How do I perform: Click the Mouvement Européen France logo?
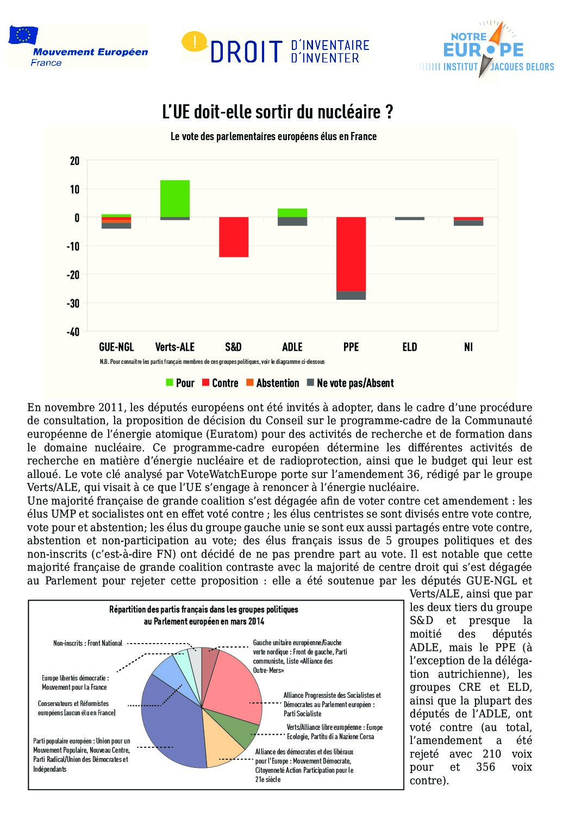[77, 47]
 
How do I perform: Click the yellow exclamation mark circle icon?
[193, 41]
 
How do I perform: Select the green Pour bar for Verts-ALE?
[175, 198]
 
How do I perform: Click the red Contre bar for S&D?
[234, 237]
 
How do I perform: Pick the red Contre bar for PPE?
[351, 254]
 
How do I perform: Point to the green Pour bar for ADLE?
[292, 213]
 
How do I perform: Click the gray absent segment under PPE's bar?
[351, 295]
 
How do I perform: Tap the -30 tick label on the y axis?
[73, 303]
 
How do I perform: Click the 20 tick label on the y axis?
[74, 161]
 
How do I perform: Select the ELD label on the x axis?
[410, 347]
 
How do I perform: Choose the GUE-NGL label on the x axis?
[116, 347]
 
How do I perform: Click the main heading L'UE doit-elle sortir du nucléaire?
[278, 112]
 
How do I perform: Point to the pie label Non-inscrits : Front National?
[87, 643]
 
